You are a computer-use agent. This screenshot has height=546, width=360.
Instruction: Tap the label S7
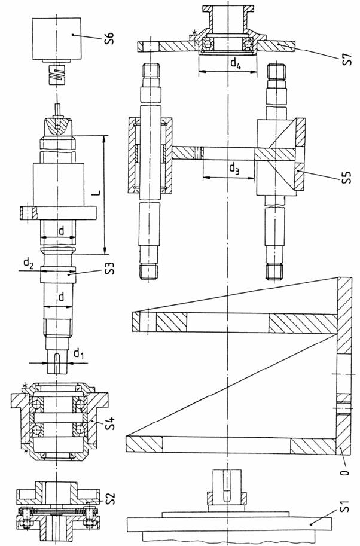pyautogui.click(x=347, y=59)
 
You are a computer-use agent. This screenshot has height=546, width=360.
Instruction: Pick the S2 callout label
pyautogui.click(x=109, y=498)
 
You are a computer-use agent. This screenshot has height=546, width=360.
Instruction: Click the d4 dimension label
pyautogui.click(x=236, y=63)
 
